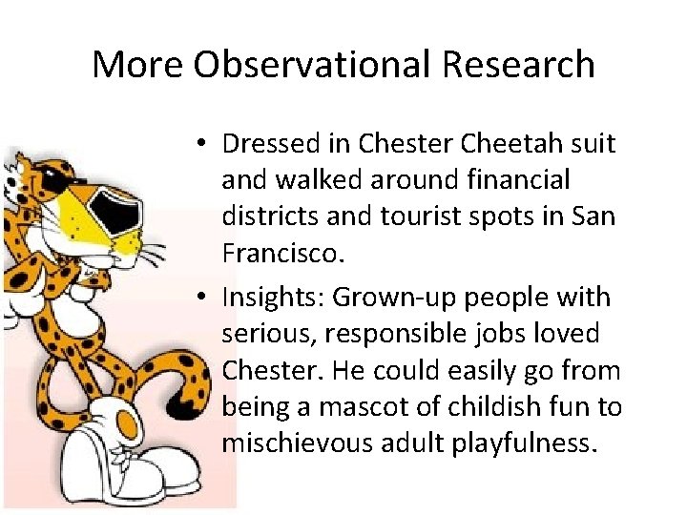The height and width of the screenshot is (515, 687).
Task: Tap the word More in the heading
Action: click(138, 65)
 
